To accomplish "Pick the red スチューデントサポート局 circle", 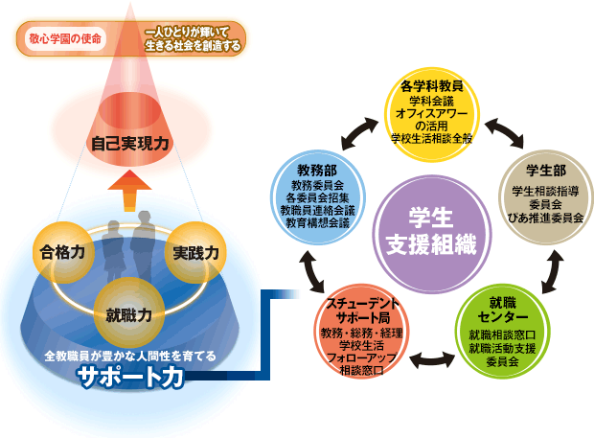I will click(361, 332).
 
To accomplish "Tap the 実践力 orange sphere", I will click(195, 254).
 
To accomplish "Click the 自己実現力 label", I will click(130, 146).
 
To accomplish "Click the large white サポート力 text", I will click(131, 378).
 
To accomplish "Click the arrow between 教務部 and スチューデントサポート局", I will click(313, 270).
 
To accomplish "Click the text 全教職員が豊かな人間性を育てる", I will click(131, 357).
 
